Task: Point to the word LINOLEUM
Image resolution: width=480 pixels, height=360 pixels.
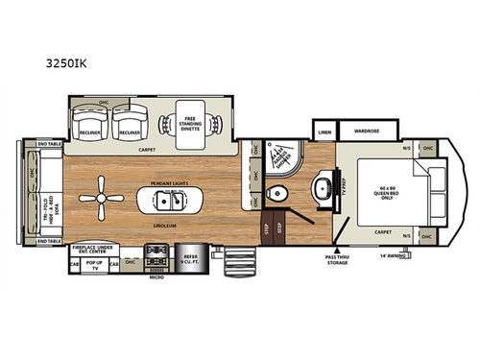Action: [170, 224]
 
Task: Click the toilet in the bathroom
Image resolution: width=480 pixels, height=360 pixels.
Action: [279, 192]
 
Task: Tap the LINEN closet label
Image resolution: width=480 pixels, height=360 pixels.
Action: [325, 132]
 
